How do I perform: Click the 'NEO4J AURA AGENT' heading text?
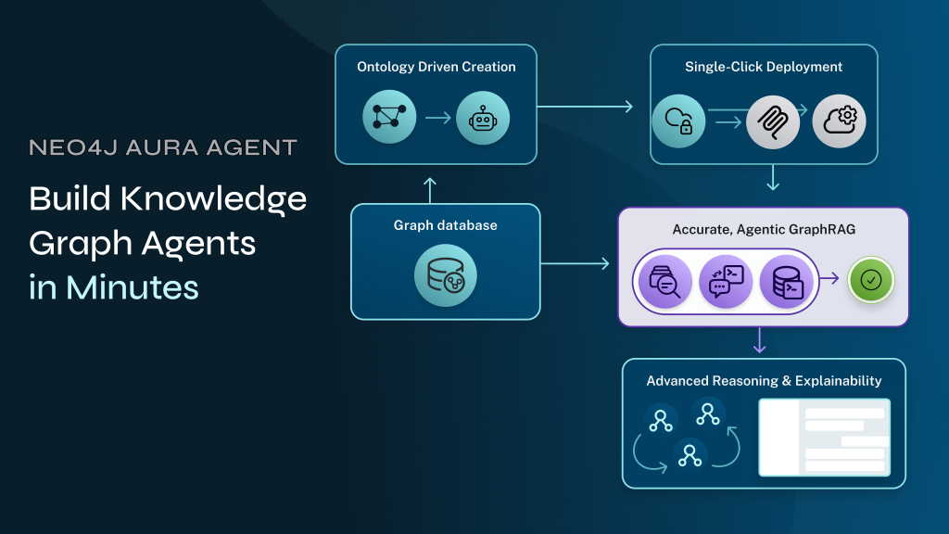click(163, 147)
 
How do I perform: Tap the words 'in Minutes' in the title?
click(114, 286)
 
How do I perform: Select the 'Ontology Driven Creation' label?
click(436, 67)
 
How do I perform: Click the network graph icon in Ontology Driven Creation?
click(388, 118)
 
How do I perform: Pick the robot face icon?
click(483, 118)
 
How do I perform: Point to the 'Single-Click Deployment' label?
click(764, 67)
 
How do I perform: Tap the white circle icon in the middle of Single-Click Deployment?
click(772, 121)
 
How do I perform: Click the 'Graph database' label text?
click(445, 225)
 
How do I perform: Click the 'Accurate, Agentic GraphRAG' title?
click(763, 229)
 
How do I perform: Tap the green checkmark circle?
click(870, 279)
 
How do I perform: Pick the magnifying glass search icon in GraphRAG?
click(664, 280)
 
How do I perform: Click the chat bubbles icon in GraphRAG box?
click(725, 280)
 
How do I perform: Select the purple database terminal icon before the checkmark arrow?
click(786, 280)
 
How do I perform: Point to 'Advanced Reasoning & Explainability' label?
click(764, 381)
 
